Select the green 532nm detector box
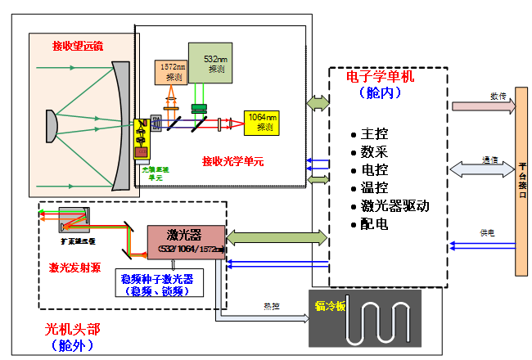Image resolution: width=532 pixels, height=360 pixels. pyautogui.click(x=210, y=62)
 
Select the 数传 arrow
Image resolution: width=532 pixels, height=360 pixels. pyautogui.click(x=483, y=106)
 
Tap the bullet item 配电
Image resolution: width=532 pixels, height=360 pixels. pyautogui.click(x=373, y=223)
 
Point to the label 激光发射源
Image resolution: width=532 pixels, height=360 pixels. pyautogui.click(x=74, y=267)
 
